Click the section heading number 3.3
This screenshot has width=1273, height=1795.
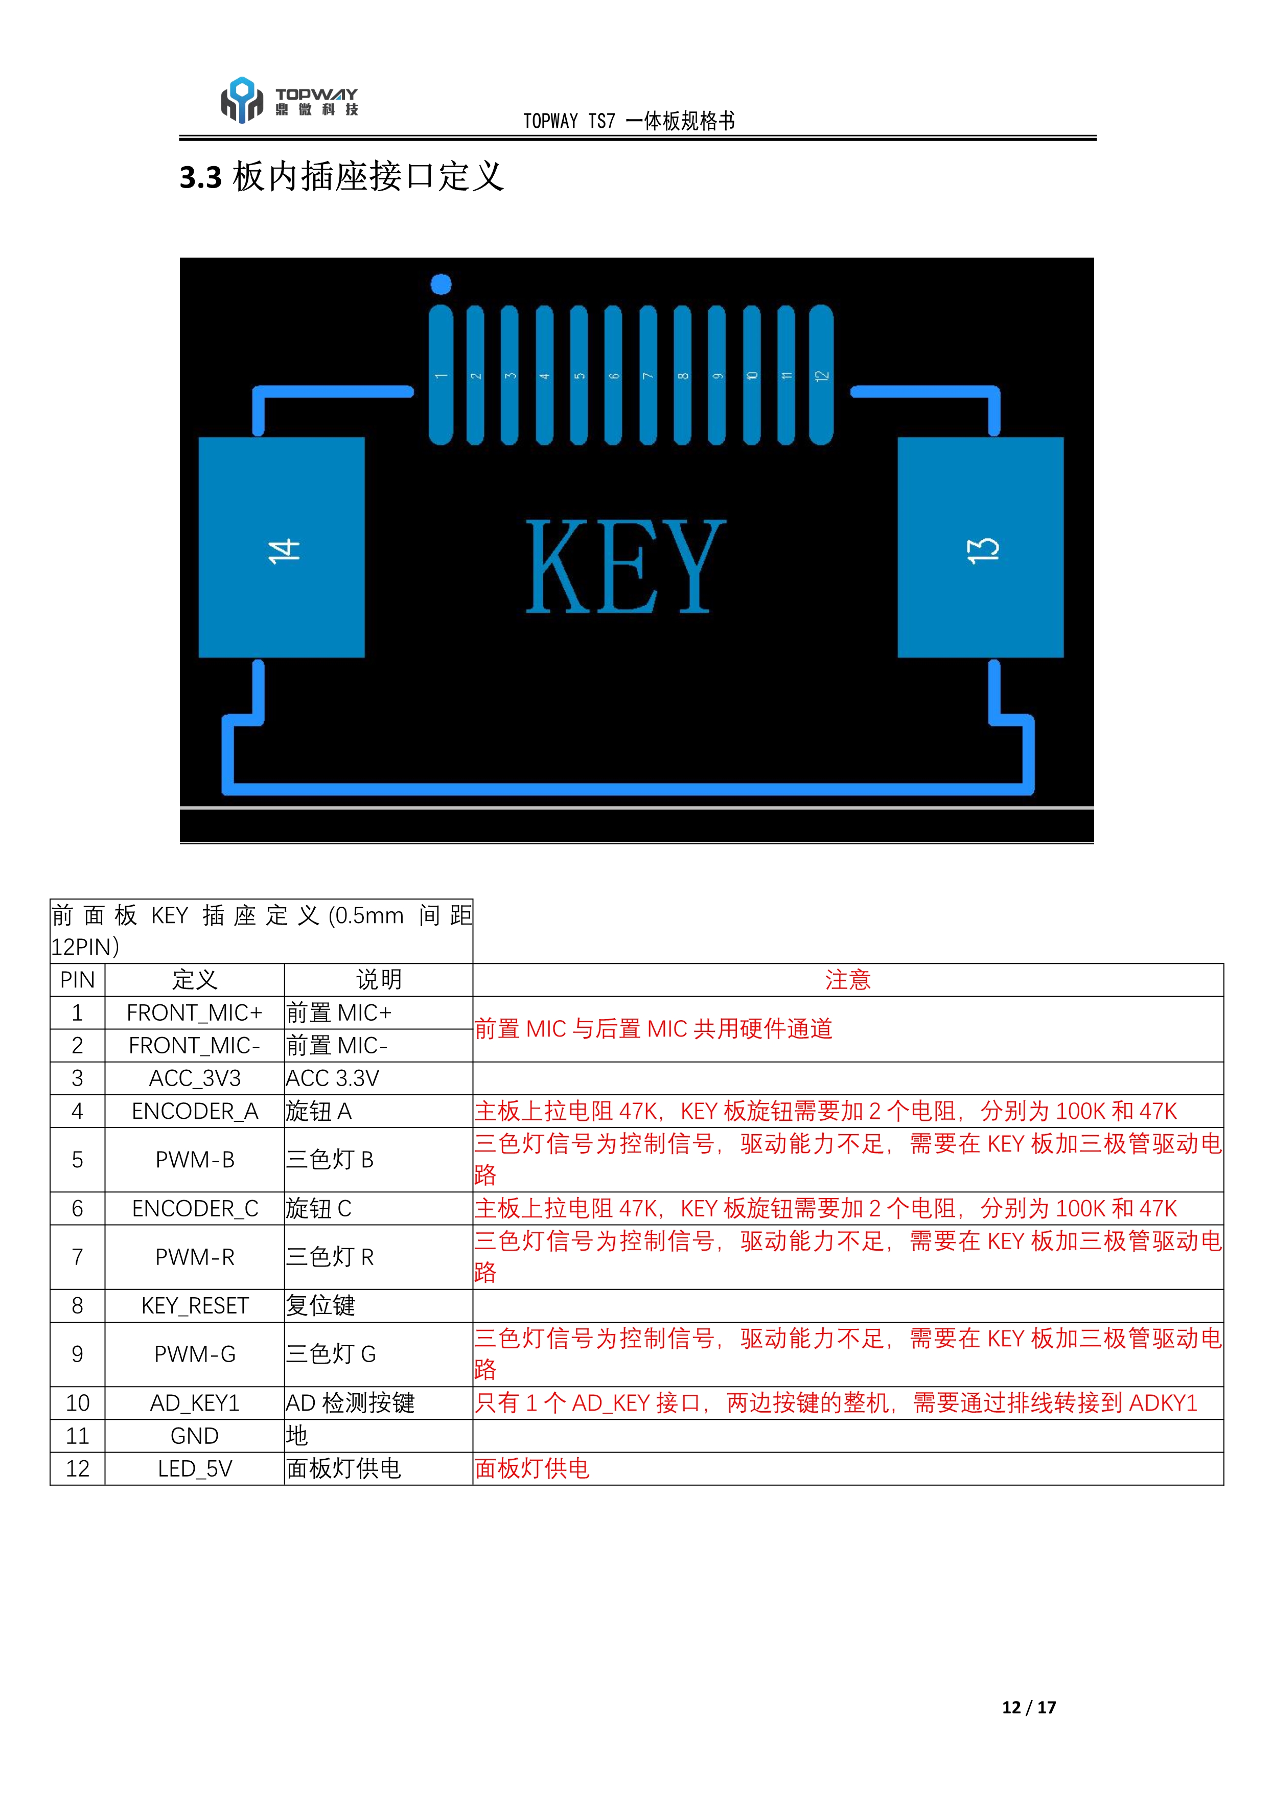click(x=201, y=178)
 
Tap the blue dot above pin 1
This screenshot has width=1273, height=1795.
click(x=442, y=284)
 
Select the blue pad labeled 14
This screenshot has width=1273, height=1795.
click(x=282, y=547)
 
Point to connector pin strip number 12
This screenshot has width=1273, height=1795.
click(x=821, y=375)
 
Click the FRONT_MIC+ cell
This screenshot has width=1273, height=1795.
click(x=194, y=1012)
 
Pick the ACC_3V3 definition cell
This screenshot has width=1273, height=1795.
click(x=194, y=1078)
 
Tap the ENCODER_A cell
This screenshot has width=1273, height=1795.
click(x=194, y=1112)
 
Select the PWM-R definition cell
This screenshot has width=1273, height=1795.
click(x=194, y=1257)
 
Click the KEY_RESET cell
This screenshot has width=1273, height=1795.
click(x=194, y=1306)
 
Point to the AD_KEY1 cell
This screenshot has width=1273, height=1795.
click(x=194, y=1403)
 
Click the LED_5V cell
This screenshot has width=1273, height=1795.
click(x=194, y=1469)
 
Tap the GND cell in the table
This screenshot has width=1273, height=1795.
click(x=194, y=1436)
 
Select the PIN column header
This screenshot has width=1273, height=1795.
click(x=77, y=980)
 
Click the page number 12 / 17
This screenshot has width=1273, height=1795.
click(x=1028, y=1707)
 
